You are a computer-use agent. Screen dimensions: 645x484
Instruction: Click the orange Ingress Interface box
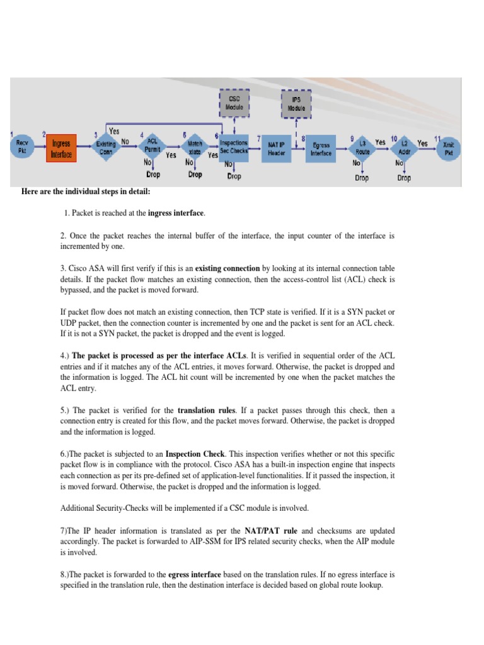coord(61,149)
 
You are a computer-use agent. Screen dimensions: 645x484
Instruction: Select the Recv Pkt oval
coord(22,149)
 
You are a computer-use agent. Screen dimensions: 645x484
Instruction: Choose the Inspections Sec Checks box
coord(234,147)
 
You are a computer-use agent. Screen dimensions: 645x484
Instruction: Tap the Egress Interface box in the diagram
coord(321,149)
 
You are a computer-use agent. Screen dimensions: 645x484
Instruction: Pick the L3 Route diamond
coord(362,149)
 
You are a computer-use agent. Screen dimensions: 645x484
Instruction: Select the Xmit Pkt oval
coord(448,149)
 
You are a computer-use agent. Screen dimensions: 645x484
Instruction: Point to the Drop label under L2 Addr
coord(404,178)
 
